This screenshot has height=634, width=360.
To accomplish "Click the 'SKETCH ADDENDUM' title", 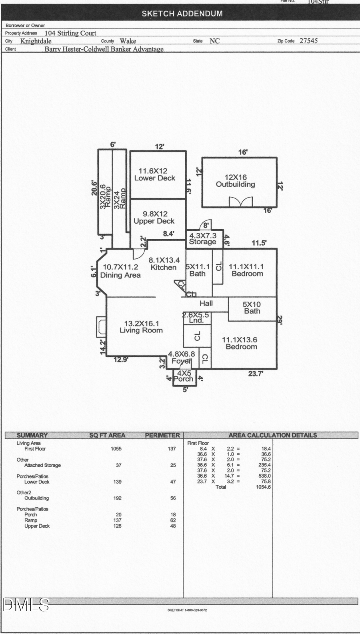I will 182,14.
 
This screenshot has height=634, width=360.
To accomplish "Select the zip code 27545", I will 308,41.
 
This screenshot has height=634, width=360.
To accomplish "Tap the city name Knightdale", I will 36,41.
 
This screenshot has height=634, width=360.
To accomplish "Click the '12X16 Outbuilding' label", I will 235,181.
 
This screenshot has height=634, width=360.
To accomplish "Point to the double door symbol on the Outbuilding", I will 241,202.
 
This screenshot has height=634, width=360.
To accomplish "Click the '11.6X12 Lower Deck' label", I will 154,174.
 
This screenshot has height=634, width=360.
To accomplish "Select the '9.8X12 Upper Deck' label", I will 154,218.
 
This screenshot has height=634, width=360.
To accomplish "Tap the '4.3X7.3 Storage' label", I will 202,239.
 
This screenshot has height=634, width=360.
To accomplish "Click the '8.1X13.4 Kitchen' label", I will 164,264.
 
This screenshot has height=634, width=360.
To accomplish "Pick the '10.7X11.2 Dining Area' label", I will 120,271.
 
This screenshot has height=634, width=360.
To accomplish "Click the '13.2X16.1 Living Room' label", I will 141,327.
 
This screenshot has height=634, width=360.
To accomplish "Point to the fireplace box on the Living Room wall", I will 101,327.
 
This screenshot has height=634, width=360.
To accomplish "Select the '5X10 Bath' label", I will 252,308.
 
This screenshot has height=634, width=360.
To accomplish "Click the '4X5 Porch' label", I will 184,376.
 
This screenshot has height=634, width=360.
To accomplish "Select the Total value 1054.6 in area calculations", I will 263,487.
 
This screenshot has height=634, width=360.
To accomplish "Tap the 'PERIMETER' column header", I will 162,435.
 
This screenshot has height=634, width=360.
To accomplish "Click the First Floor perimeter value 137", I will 172,449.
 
